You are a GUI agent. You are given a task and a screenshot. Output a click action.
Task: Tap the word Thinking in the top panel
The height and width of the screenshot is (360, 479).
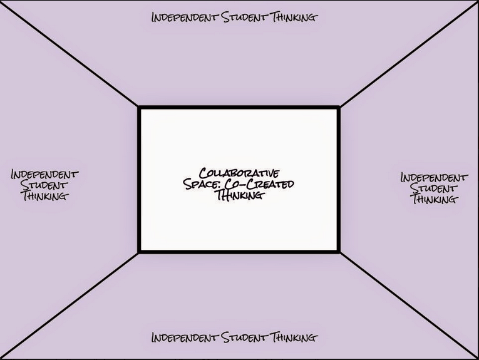(x=292, y=17)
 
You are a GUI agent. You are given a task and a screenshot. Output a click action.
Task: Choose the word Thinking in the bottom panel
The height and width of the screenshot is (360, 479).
(x=292, y=338)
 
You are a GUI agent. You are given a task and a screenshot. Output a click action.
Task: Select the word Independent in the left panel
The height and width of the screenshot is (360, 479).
(x=44, y=174)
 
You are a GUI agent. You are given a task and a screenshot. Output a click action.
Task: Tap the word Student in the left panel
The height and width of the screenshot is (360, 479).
(x=44, y=185)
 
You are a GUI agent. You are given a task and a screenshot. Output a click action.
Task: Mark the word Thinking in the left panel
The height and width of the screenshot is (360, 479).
(x=44, y=196)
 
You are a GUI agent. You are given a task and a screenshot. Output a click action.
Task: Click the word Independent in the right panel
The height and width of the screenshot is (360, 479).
(x=435, y=177)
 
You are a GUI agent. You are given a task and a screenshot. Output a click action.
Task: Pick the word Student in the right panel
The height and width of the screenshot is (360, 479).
(x=435, y=188)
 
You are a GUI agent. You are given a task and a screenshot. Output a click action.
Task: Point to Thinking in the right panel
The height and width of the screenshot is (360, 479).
(x=435, y=199)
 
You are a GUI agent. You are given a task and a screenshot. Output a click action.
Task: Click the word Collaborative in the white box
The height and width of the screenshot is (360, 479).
(x=239, y=173)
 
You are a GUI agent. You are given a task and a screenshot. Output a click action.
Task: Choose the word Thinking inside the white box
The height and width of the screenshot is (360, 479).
(x=239, y=195)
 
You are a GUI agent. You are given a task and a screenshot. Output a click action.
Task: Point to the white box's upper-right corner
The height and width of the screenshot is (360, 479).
(x=339, y=108)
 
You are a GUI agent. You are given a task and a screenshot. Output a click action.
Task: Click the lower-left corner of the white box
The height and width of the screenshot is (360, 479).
(x=139, y=252)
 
